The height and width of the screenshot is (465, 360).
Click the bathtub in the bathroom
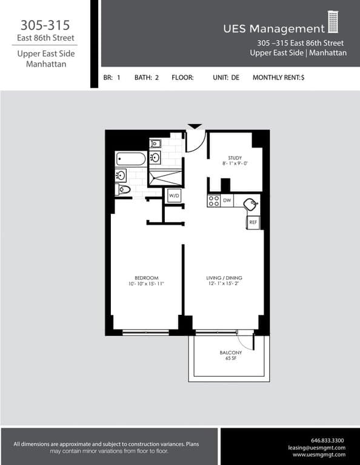pos(131,159)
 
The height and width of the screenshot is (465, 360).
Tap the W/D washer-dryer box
pos(174,196)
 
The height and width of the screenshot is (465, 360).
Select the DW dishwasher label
pos(227,200)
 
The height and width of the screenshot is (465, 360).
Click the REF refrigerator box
pos(253,223)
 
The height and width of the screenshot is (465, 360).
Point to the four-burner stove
pos(213,200)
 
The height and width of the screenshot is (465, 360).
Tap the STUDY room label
pos(235,157)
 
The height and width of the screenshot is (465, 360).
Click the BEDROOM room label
pos(146,278)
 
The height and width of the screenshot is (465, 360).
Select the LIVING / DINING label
pos(224,278)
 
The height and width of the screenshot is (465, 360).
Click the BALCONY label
pos(230,352)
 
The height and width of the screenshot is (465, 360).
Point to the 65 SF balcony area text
pos(230,358)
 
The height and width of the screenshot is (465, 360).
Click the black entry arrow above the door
pos(195,126)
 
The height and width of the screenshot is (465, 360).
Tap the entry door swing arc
pos(195,142)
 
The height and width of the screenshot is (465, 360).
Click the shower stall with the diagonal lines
pos(165,178)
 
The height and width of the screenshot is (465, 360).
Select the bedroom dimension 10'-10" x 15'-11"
pos(146,284)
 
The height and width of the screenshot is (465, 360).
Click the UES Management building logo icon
pos(333,22)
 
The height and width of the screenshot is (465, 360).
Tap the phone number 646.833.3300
pos(327,440)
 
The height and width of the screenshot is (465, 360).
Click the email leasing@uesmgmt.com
pos(317,447)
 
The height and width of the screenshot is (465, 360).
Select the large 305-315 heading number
pos(45,25)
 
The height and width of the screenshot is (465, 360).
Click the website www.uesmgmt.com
pos(319,455)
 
